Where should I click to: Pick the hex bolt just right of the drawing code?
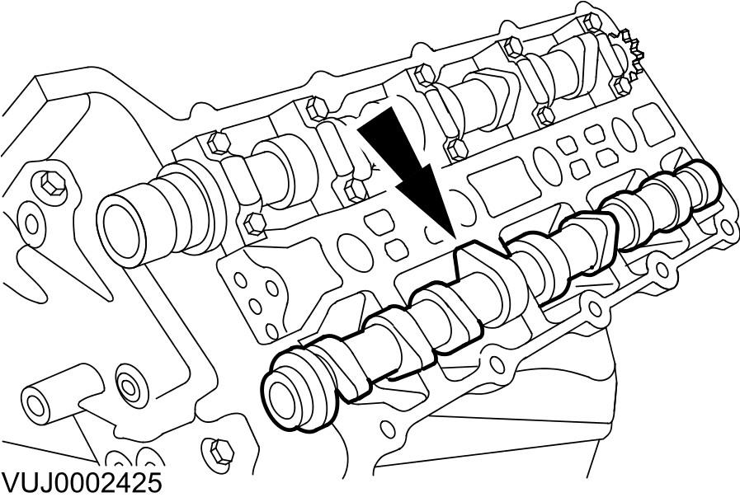click(219, 450)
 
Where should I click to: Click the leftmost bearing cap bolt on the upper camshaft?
click(218, 143)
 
